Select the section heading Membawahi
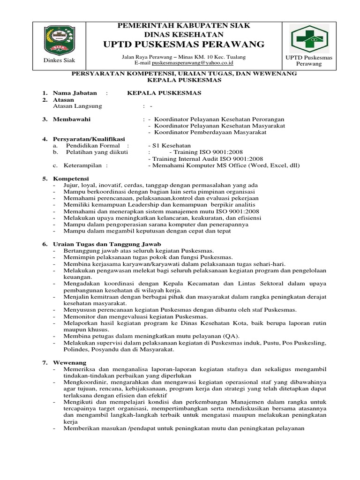click(x=72, y=119)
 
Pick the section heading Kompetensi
click(x=71, y=179)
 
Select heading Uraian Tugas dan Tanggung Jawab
click(x=107, y=245)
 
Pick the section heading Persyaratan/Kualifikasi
click(x=89, y=139)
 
